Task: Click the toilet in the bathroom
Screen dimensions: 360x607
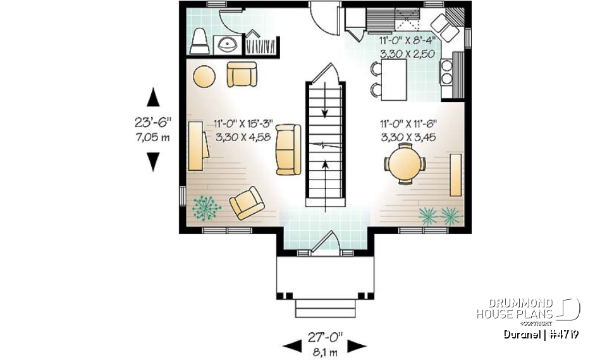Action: pyautogui.click(x=199, y=41)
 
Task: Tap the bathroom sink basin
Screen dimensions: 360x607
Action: pyautogui.click(x=225, y=45)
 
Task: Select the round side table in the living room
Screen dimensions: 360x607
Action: pyautogui.click(x=204, y=77)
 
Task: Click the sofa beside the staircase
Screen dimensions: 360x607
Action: pyautogui.click(x=288, y=149)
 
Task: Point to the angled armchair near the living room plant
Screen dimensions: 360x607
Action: pyautogui.click(x=246, y=203)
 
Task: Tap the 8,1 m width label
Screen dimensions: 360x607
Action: pyautogui.click(x=324, y=352)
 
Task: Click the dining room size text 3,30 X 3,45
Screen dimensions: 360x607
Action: pyautogui.click(x=408, y=136)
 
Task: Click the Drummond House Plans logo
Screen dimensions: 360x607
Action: pyautogui.click(x=527, y=309)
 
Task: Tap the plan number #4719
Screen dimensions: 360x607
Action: pyautogui.click(x=564, y=334)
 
